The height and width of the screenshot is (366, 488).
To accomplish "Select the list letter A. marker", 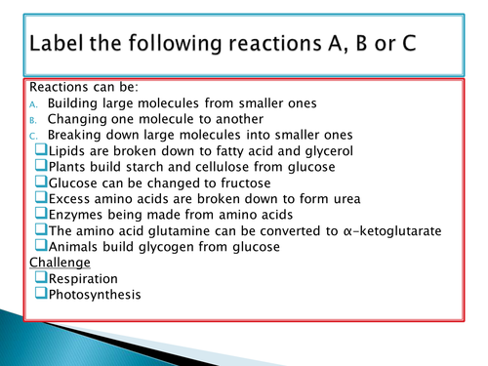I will click(34, 102).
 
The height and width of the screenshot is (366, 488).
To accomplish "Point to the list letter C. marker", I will click(34, 136).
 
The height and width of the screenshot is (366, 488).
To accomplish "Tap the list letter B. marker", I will click(34, 119).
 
